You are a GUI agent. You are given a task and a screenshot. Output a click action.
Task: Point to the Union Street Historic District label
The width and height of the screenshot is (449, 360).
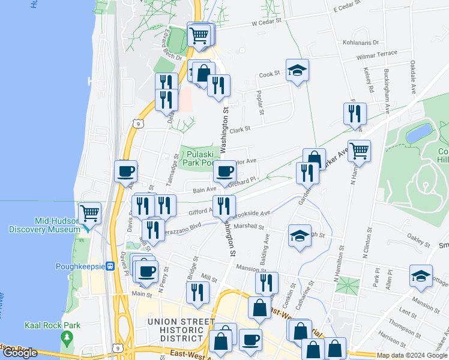[x=179, y=327]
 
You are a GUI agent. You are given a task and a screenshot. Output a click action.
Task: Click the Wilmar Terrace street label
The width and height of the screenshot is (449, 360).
[x=377, y=54]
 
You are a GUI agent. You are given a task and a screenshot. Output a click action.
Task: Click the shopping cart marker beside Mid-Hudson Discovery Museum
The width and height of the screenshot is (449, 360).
[x=89, y=213]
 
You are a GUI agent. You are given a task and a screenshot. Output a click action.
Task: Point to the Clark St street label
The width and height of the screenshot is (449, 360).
[x=240, y=129]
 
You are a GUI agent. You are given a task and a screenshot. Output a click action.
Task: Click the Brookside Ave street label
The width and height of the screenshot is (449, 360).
[x=254, y=213]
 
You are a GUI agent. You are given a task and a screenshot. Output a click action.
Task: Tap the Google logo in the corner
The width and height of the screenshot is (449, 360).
[x=20, y=353]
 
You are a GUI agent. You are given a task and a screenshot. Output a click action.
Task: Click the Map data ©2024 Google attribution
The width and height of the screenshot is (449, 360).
[x=411, y=355]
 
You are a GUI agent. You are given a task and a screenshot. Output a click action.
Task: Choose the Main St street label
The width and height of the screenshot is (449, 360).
[x=142, y=293]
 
